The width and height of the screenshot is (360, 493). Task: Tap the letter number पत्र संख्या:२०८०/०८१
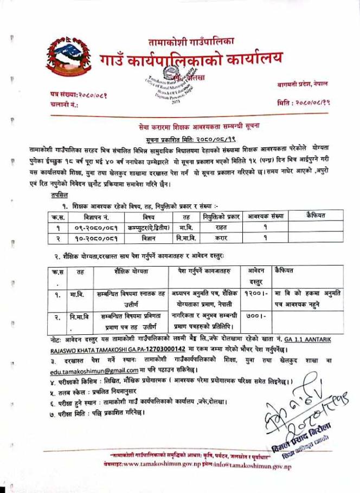[x=79, y=94]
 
